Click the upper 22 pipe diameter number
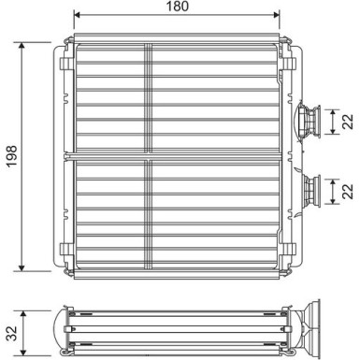[x=348, y=122]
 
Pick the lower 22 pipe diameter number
[x=348, y=190]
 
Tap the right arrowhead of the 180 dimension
[x=276, y=16]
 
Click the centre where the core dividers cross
[x=149, y=154]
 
